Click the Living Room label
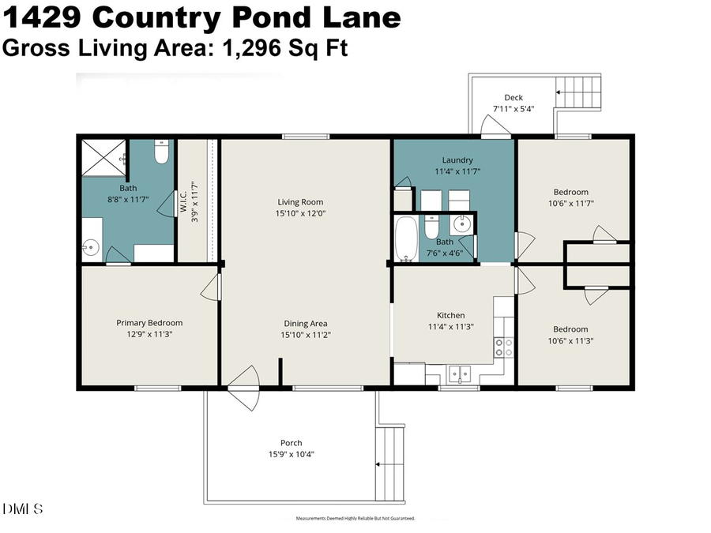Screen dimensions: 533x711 tap(300, 201)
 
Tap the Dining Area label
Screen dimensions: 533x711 tap(306, 323)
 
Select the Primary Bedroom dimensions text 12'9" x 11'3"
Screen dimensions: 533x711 tap(149, 334)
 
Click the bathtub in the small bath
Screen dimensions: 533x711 tap(406, 238)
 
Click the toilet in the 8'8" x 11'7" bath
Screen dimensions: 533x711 tap(162, 152)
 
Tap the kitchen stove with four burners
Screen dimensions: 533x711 tap(503, 347)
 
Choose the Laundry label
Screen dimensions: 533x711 tap(457, 160)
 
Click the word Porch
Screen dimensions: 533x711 tap(291, 443)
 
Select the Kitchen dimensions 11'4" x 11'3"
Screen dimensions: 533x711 tap(451, 326)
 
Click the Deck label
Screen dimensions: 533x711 tap(513, 98)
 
